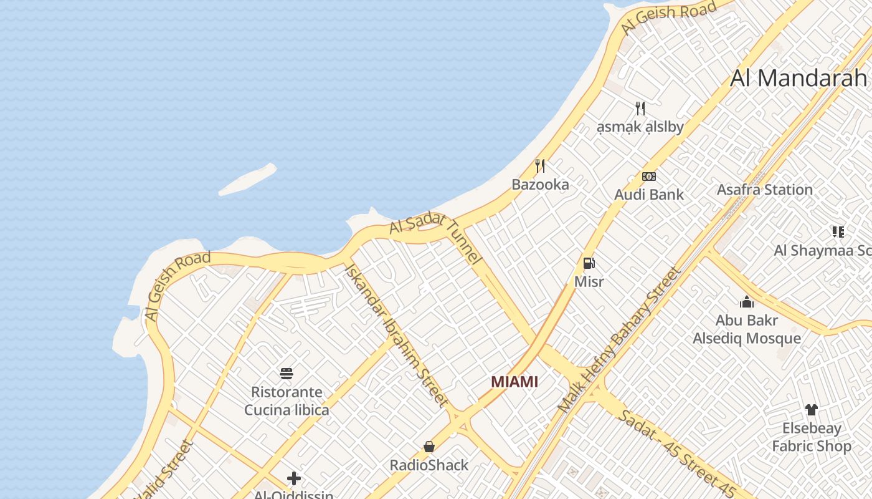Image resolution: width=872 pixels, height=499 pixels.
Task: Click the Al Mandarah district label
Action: pos(799,78)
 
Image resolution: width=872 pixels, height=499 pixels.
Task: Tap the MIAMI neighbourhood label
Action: pos(514,382)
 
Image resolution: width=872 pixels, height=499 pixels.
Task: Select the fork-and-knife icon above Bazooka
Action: pos(540,166)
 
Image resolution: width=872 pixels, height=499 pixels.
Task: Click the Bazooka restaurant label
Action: pos(540,185)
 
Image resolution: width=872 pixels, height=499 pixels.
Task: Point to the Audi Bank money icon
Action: pos(649,177)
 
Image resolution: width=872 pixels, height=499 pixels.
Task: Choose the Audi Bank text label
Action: pos(649,195)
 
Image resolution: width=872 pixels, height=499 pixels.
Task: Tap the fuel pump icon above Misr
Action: pos(589,263)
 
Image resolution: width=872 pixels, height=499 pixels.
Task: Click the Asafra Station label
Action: pos(765,190)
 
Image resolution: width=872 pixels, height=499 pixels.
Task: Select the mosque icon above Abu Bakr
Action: pos(747,303)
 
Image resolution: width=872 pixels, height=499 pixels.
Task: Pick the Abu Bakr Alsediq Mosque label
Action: pos(747,329)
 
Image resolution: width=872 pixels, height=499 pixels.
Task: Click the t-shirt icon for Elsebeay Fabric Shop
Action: pos(811,410)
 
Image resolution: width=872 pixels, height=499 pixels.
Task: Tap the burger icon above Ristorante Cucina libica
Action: pos(287,374)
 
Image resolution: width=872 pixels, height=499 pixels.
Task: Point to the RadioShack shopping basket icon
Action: pos(429,447)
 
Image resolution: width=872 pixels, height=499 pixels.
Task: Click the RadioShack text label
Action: pos(429,465)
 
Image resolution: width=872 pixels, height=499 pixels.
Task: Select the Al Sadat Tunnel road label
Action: pos(436,237)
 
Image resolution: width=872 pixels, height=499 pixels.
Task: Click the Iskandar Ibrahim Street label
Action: pos(396,335)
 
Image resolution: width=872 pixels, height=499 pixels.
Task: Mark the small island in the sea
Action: pos(247,179)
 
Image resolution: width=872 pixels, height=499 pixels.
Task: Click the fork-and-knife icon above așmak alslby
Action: pos(640,109)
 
